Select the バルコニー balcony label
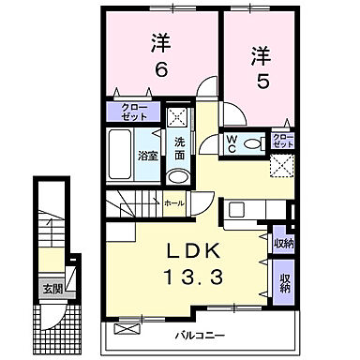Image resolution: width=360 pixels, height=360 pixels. click(x=201, y=335)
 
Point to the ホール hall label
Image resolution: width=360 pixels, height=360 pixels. click(x=173, y=202)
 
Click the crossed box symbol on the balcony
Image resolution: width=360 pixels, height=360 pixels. click(x=126, y=331)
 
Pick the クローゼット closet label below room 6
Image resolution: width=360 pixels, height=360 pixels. click(x=134, y=114)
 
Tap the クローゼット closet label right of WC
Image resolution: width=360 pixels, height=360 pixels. click(x=282, y=142)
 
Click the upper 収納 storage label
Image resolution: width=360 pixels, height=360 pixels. click(x=282, y=243)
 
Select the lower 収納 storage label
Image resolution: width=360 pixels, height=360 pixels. click(x=282, y=283)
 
